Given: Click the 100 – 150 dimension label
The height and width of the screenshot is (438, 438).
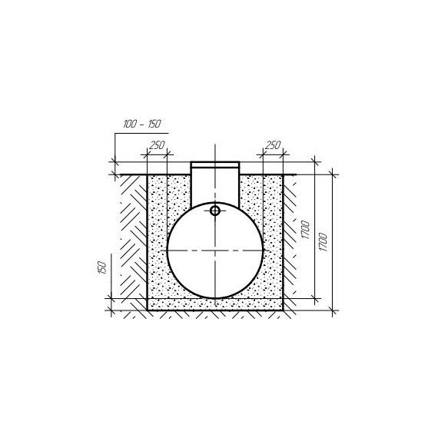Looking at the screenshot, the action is pos(142,124).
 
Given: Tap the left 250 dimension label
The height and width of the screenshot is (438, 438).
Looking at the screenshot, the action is pos(158,145).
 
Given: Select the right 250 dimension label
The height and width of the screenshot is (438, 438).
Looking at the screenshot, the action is pos(272,145).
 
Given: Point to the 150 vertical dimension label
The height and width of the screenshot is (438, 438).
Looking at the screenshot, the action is pos(102,268).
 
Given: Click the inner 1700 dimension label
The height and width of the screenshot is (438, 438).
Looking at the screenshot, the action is pos(306,230).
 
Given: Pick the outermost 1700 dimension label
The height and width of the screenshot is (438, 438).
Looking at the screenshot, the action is pos(323,242).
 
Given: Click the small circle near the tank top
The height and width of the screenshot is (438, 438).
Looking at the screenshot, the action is pos(215,211).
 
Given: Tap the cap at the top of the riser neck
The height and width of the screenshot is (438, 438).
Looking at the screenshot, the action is pos(215,164).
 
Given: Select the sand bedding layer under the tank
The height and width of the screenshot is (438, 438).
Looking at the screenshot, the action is pos(215,304).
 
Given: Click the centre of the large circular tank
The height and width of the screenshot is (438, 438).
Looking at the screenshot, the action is pos(215,251).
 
